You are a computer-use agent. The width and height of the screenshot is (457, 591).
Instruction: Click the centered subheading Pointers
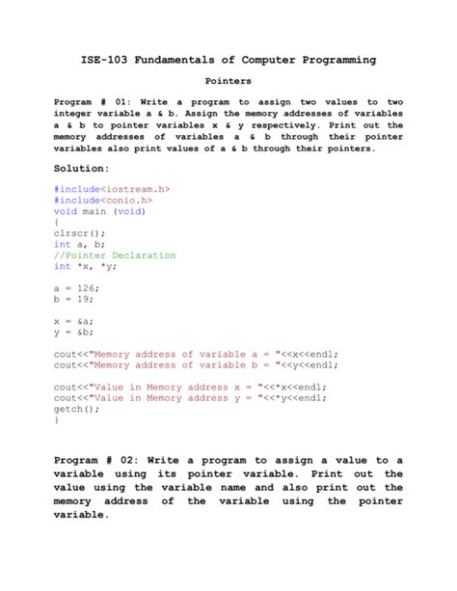pyautogui.click(x=228, y=82)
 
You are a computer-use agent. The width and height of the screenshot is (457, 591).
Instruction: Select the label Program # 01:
pyautogui.click(x=89, y=101)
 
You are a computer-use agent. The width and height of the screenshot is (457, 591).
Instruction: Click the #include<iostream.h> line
pyautogui.click(x=112, y=190)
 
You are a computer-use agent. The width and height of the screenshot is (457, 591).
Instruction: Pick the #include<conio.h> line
pyautogui.click(x=103, y=201)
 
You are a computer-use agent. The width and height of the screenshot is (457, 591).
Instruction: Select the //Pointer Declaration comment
pyautogui.click(x=115, y=255)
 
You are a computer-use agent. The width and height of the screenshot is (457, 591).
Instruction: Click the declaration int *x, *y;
pyautogui.click(x=91, y=266)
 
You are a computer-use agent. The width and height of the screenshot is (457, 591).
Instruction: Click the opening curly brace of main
pyautogui.click(x=57, y=223)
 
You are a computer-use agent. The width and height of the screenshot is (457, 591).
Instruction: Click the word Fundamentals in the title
pyautogui.click(x=188, y=61)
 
